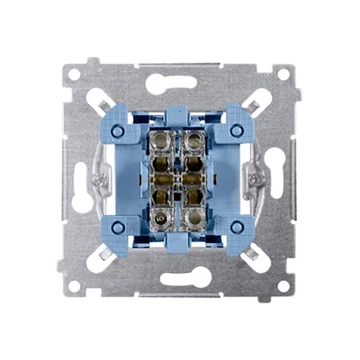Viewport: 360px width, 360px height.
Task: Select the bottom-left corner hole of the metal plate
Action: point(76,285)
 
